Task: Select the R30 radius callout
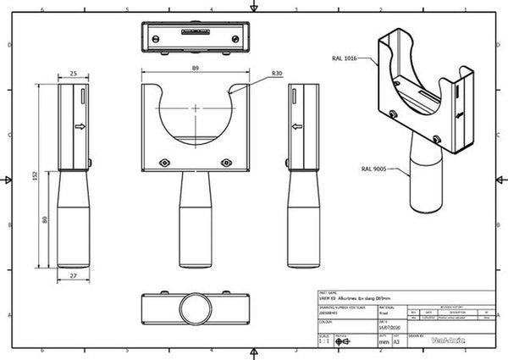point(277,75)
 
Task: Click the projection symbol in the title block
point(343,342)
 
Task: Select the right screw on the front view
point(225,162)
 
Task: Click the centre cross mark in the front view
point(196,108)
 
